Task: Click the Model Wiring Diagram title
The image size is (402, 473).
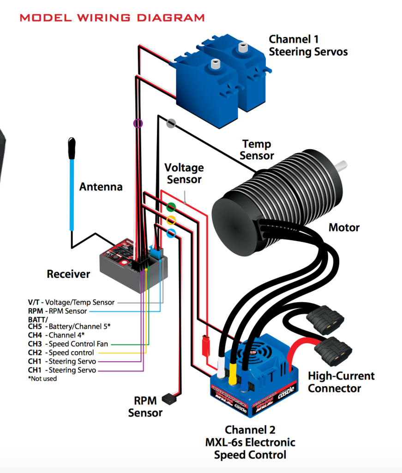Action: tap(112, 18)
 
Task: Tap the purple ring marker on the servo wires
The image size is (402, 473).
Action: tap(138, 123)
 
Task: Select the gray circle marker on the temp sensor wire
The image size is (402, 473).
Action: tap(171, 123)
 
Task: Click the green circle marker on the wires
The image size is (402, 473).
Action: tap(171, 207)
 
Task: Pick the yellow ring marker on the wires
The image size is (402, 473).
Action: tap(171, 220)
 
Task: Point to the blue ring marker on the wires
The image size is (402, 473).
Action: tap(171, 233)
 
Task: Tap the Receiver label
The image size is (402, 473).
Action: tap(68, 274)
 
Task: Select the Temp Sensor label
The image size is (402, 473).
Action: tap(257, 150)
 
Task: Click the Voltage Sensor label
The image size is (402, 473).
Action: tap(184, 173)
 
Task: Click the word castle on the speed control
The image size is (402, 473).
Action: tap(289, 395)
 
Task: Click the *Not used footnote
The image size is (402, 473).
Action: tap(42, 378)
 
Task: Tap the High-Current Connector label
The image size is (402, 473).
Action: tap(341, 382)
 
